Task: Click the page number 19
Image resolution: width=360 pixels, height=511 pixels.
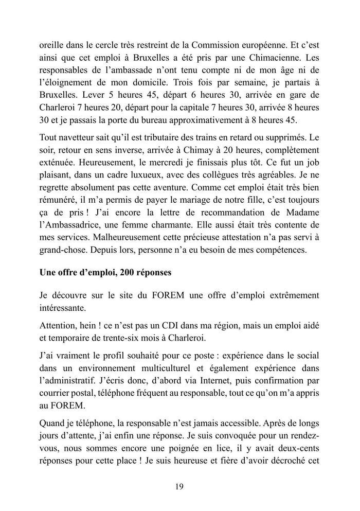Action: pyautogui.click(x=179, y=486)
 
